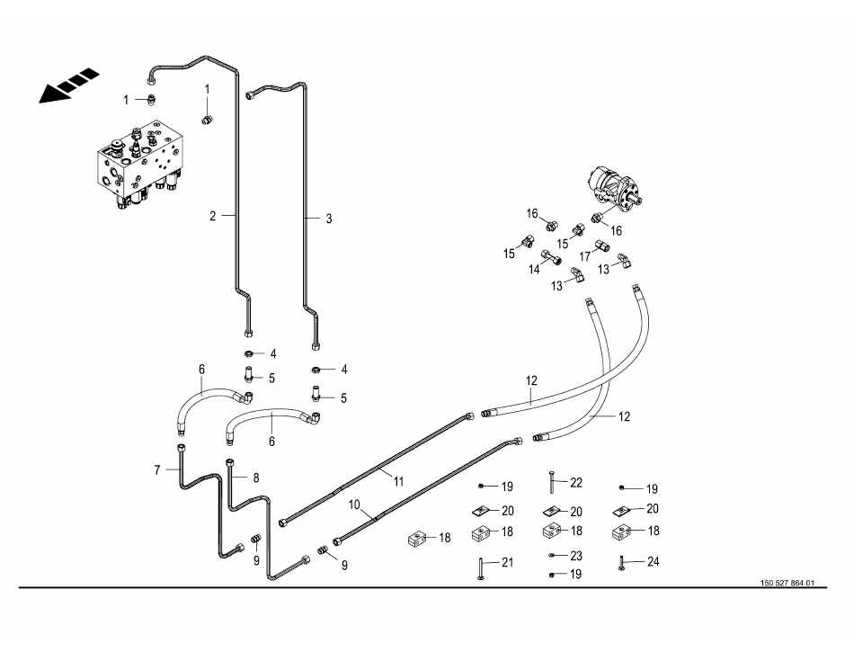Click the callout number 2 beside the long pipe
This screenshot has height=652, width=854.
click(213, 216)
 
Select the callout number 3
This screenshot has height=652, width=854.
click(329, 219)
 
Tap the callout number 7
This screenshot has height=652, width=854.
click(156, 469)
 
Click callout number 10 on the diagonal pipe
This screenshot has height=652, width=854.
click(354, 505)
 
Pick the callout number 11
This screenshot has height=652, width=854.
click(398, 481)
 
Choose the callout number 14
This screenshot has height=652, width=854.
click(534, 269)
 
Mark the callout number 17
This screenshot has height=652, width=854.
click(584, 256)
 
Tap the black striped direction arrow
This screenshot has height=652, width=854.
click(68, 85)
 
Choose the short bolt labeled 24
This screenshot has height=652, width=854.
click(621, 564)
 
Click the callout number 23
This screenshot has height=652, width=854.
click(576, 556)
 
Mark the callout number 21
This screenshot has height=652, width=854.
click(507, 563)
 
